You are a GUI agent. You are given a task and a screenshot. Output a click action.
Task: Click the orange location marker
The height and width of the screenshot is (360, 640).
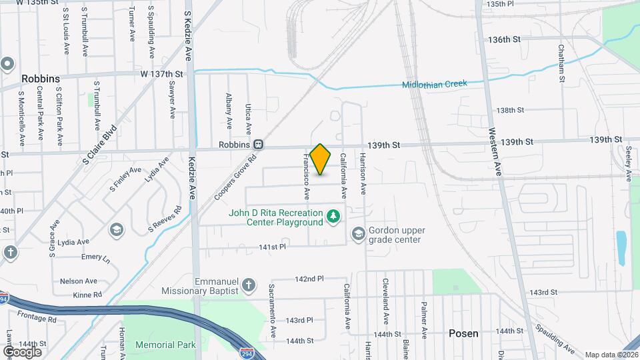(x=321, y=159)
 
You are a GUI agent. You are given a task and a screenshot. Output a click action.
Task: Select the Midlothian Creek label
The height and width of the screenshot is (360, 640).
(x=434, y=84)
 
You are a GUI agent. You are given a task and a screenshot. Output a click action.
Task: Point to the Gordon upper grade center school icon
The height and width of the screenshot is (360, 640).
(x=359, y=233)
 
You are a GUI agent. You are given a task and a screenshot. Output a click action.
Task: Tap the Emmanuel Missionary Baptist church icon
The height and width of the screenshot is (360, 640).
(x=249, y=285)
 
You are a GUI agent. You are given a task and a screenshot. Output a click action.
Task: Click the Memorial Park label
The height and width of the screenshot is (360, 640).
(x=165, y=345)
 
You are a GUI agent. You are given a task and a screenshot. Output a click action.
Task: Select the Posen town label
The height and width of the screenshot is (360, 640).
(x=463, y=333)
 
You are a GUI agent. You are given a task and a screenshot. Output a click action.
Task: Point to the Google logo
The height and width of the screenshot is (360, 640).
(x=22, y=351)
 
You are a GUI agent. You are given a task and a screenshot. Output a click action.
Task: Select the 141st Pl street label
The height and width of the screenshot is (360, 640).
(x=272, y=247)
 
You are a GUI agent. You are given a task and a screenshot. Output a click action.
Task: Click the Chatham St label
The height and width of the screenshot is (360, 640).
(x=562, y=64)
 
